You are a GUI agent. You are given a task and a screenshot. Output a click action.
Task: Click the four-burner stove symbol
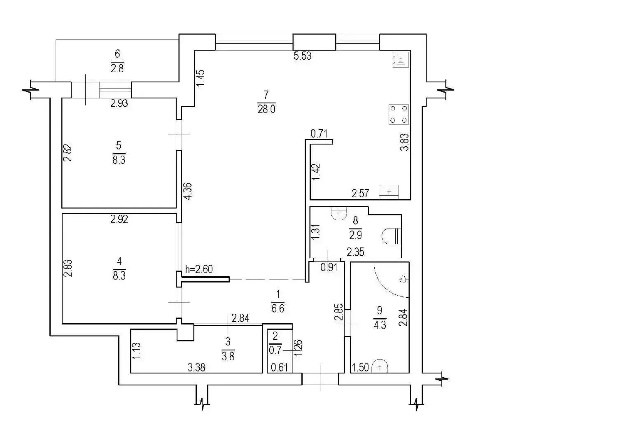tap(399, 114)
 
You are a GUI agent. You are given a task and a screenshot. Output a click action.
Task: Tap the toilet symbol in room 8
tap(391, 236)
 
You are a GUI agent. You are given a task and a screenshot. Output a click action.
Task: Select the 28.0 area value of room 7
tap(266, 109)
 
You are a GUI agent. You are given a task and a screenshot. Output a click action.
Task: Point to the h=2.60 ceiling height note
tap(198, 269)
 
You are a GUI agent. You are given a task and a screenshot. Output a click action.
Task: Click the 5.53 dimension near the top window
tap(302, 56)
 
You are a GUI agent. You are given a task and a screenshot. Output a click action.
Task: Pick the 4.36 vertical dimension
tap(189, 191)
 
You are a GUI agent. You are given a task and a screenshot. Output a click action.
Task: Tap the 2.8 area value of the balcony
tap(117, 68)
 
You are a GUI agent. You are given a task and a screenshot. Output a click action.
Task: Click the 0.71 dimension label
tap(319, 134)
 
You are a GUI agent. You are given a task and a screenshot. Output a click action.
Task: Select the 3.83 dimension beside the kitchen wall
tap(404, 142)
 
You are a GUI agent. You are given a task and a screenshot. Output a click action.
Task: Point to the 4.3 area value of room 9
tap(380, 325)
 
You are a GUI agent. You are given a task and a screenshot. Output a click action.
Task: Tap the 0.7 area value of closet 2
tap(275, 351)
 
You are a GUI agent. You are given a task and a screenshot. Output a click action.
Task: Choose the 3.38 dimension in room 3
tap(196, 367)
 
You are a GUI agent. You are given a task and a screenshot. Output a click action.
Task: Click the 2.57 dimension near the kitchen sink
tap(360, 194)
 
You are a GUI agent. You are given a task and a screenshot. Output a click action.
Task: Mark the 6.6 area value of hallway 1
tap(278, 308)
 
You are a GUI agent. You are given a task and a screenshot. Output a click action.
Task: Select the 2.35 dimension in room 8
tap(355, 252)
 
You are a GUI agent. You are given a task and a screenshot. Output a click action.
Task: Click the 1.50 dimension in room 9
tap(360, 367)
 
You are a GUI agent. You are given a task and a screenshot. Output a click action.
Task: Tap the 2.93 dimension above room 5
tap(119, 103)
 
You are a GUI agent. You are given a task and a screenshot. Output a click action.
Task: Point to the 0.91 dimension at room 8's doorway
tap(329, 268)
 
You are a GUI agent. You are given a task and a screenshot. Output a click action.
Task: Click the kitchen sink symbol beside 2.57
tap(389, 192)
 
